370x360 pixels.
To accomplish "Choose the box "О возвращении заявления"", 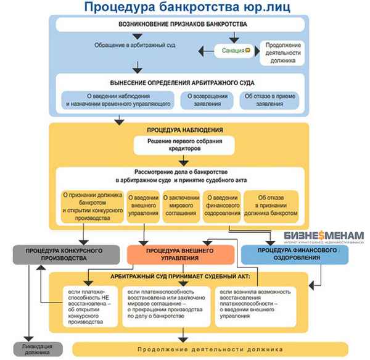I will [203, 101].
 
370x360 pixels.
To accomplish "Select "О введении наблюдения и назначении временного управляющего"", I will [117, 101].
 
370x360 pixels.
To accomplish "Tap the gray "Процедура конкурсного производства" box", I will [65, 254].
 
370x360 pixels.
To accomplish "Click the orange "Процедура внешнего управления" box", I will [180, 254].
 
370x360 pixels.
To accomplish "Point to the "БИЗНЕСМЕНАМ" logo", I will [324, 238].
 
